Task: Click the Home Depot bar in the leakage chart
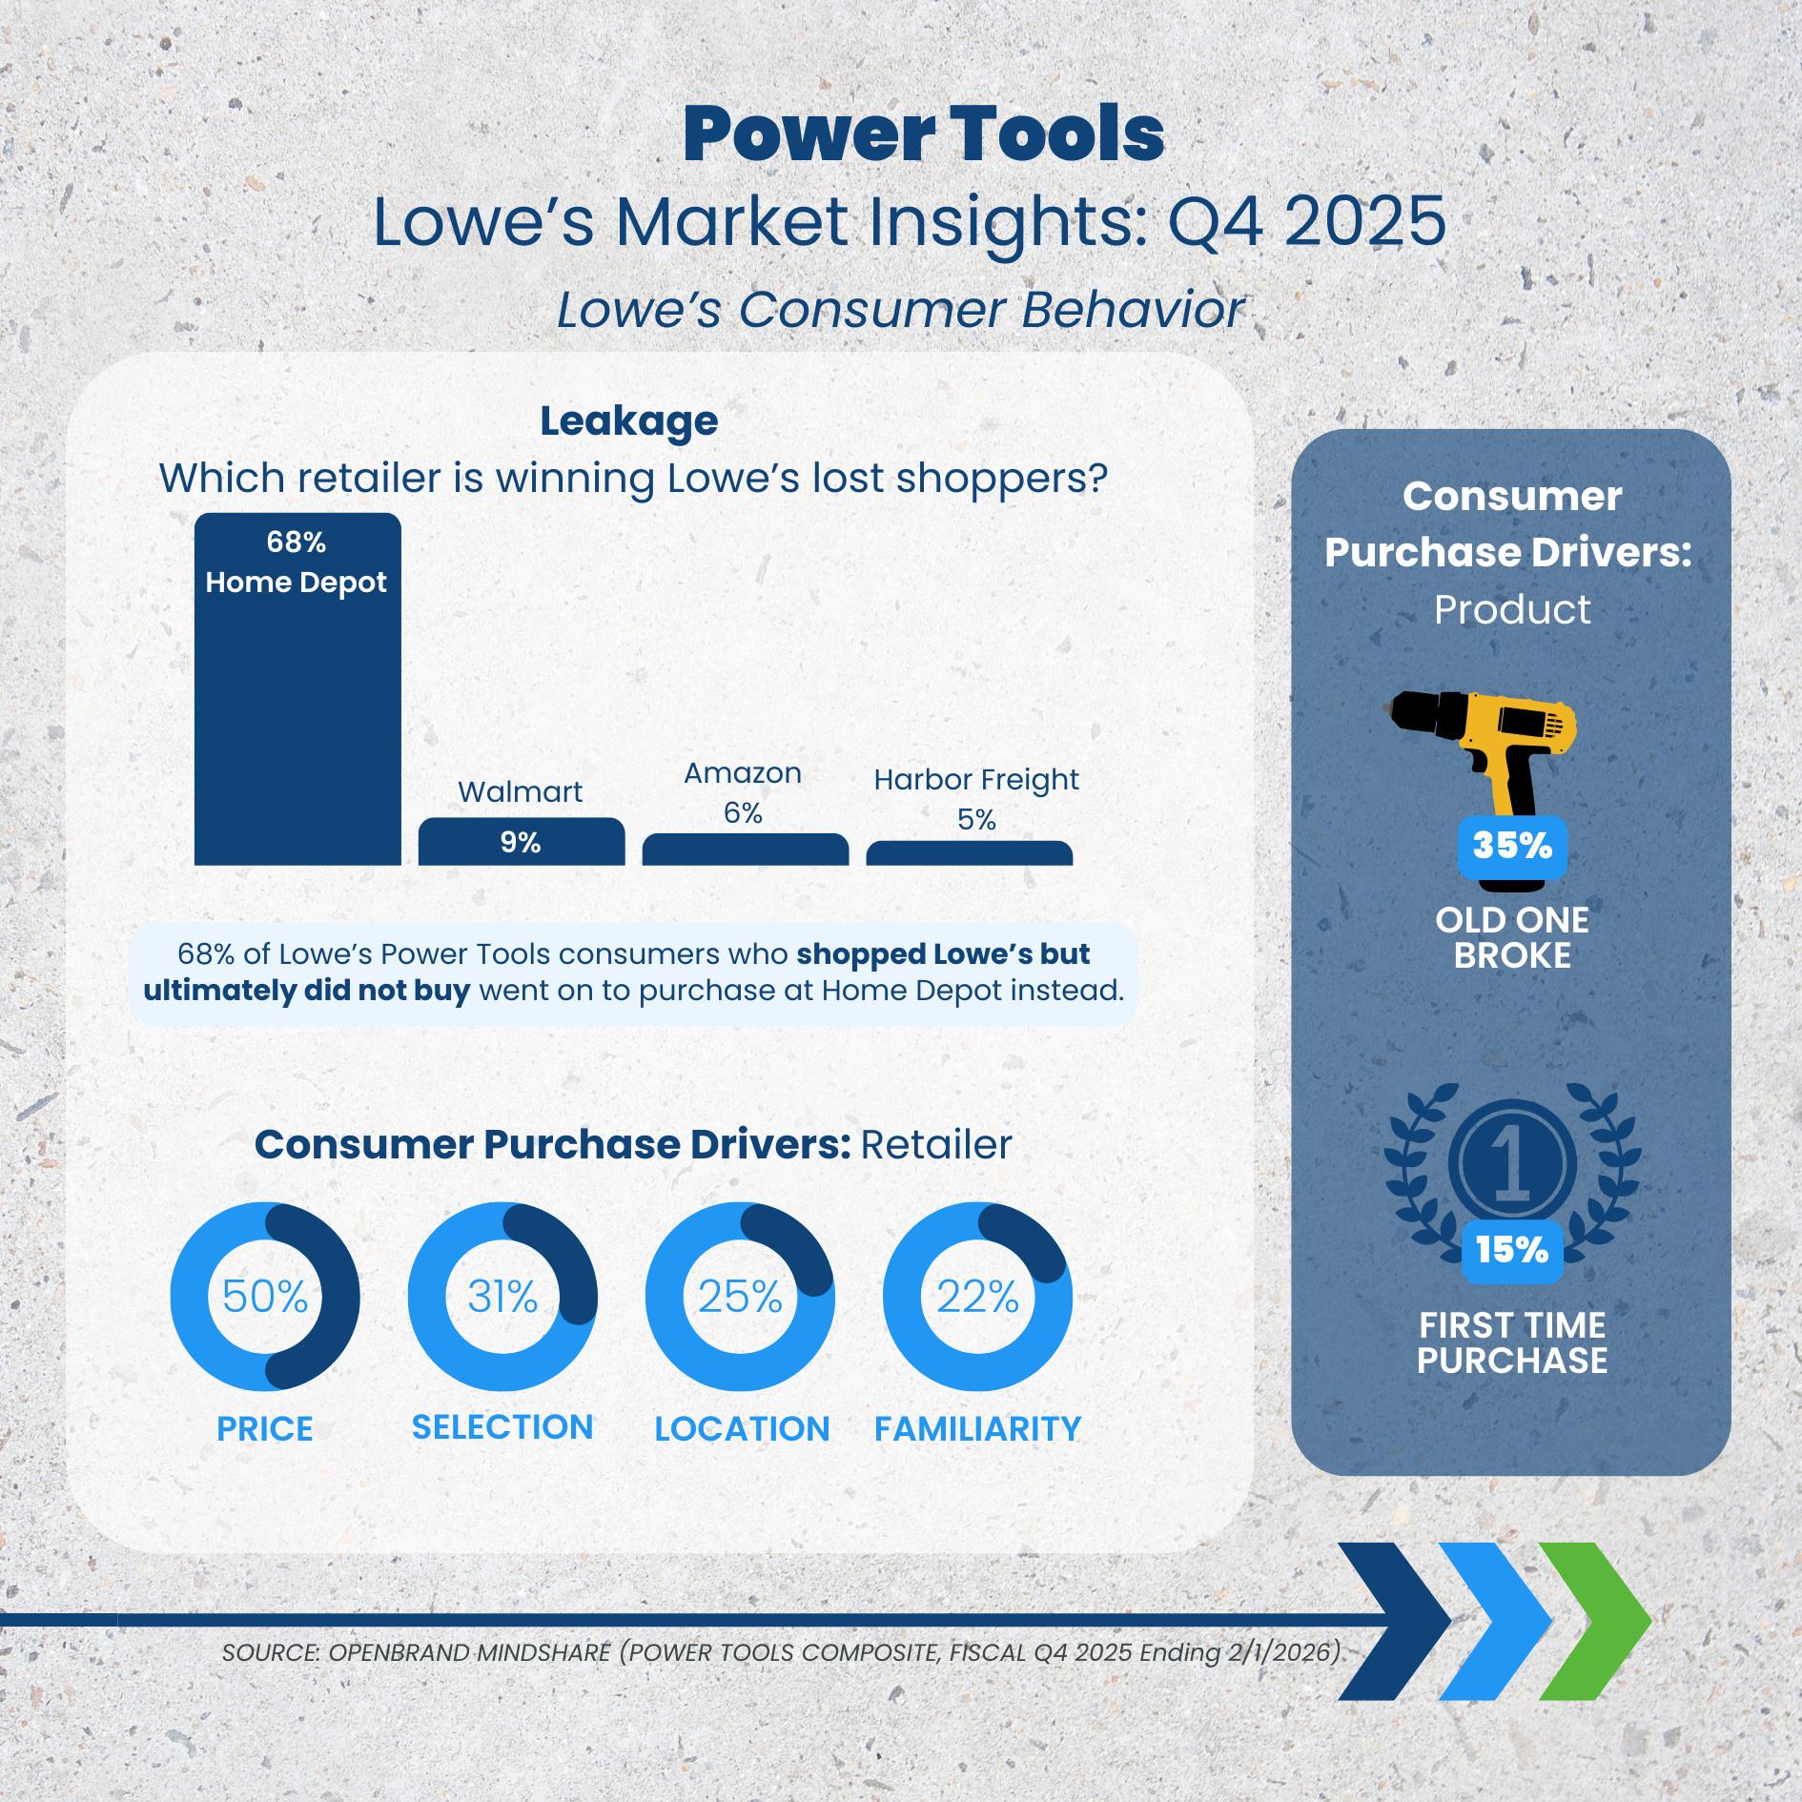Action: [x=297, y=688]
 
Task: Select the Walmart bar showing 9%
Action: [x=522, y=842]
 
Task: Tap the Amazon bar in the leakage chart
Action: [x=746, y=850]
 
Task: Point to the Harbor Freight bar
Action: [x=970, y=853]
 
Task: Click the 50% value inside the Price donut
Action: [x=265, y=1297]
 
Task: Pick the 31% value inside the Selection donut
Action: [x=502, y=1297]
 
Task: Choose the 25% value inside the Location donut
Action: [x=740, y=1297]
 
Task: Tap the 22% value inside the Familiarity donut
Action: [x=977, y=1297]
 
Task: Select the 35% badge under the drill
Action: [x=1512, y=847]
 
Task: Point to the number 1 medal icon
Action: [x=1512, y=1168]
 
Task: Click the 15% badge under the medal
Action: [x=1512, y=1251]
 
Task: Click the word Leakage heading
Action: [x=629, y=422]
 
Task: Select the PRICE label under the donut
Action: [x=265, y=1429]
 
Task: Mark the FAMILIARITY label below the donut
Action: [x=977, y=1429]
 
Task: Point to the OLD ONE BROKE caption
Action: [x=1512, y=937]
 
